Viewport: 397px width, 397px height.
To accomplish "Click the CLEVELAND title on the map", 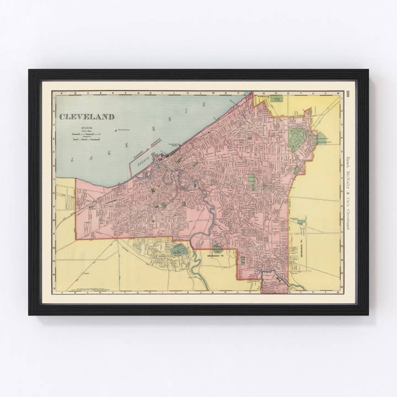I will click(x=87, y=117).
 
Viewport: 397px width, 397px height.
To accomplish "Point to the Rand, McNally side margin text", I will click(x=348, y=193).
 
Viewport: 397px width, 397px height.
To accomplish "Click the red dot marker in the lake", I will click(x=115, y=131).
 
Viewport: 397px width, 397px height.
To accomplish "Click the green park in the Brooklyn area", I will click(x=179, y=249).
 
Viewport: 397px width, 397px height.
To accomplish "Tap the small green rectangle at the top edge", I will click(x=276, y=99).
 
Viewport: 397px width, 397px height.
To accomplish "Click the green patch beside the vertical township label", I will click(x=301, y=222).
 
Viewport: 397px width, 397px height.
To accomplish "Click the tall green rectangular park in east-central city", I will click(x=252, y=181).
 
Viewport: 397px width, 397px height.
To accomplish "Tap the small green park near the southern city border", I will click(x=242, y=260).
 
